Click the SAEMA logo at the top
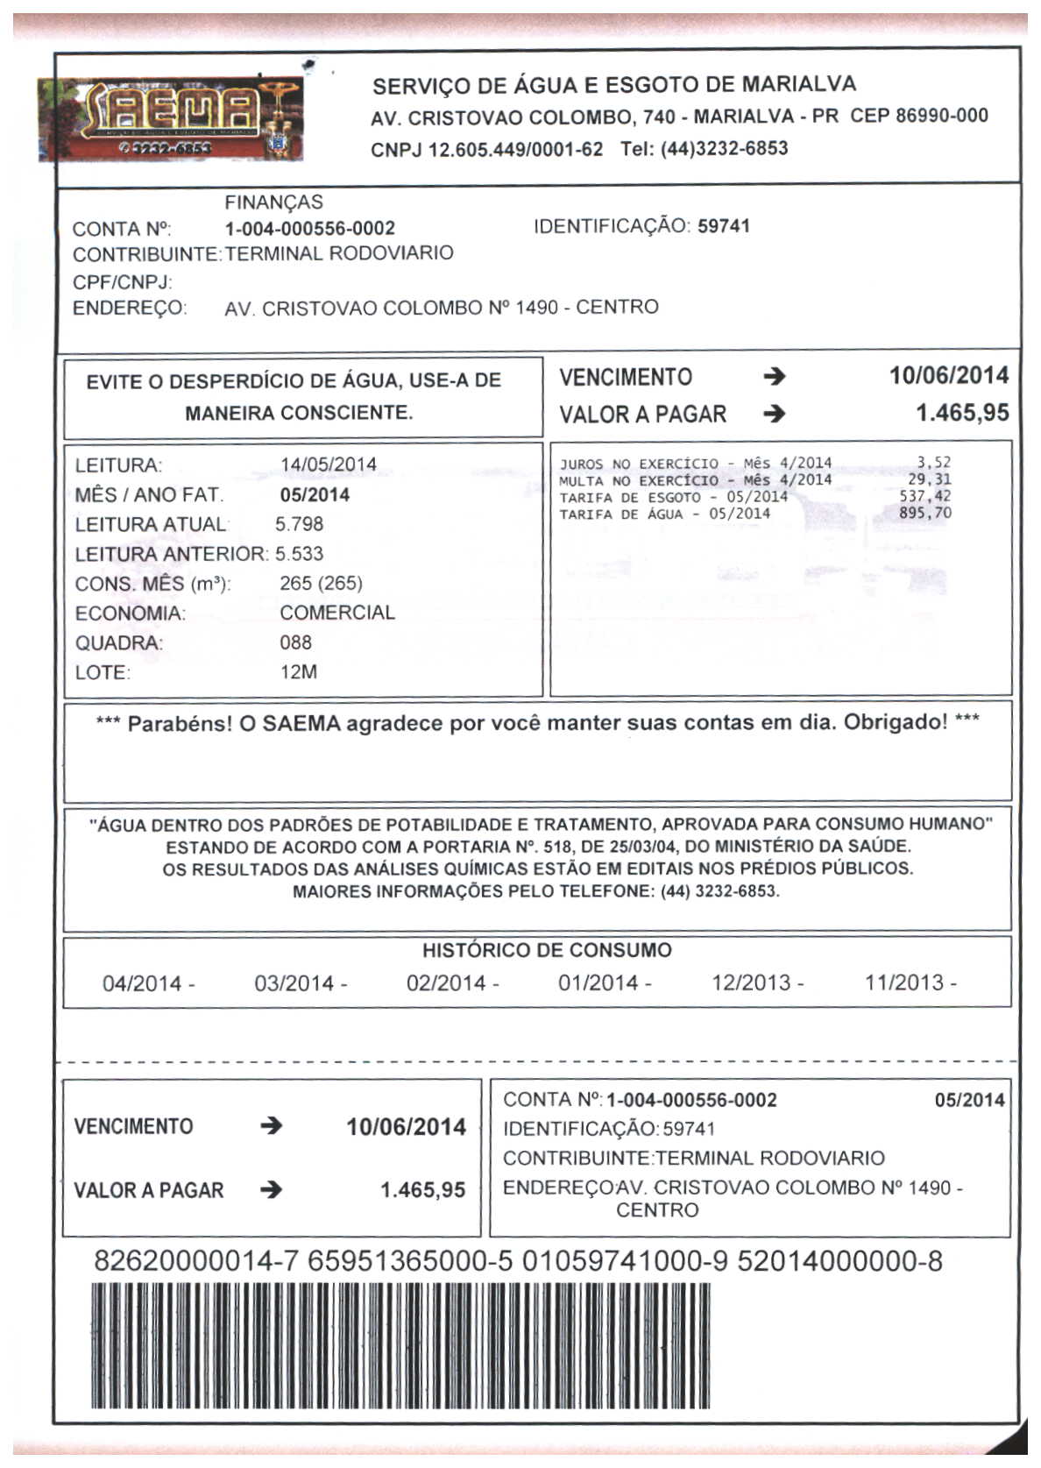(172, 119)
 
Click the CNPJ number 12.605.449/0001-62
(515, 149)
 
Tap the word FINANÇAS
(273, 202)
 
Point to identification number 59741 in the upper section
(724, 226)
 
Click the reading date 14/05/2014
(328, 465)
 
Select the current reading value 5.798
(299, 524)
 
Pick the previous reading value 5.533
(299, 554)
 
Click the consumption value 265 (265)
(321, 584)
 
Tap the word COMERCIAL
(337, 613)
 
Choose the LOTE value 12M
(298, 672)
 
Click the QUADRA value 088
(295, 642)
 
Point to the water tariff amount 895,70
(924, 514)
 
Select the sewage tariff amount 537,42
(924, 497)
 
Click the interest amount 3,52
(933, 463)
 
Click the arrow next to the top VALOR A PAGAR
(774, 414)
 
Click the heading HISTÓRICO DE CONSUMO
(547, 950)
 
